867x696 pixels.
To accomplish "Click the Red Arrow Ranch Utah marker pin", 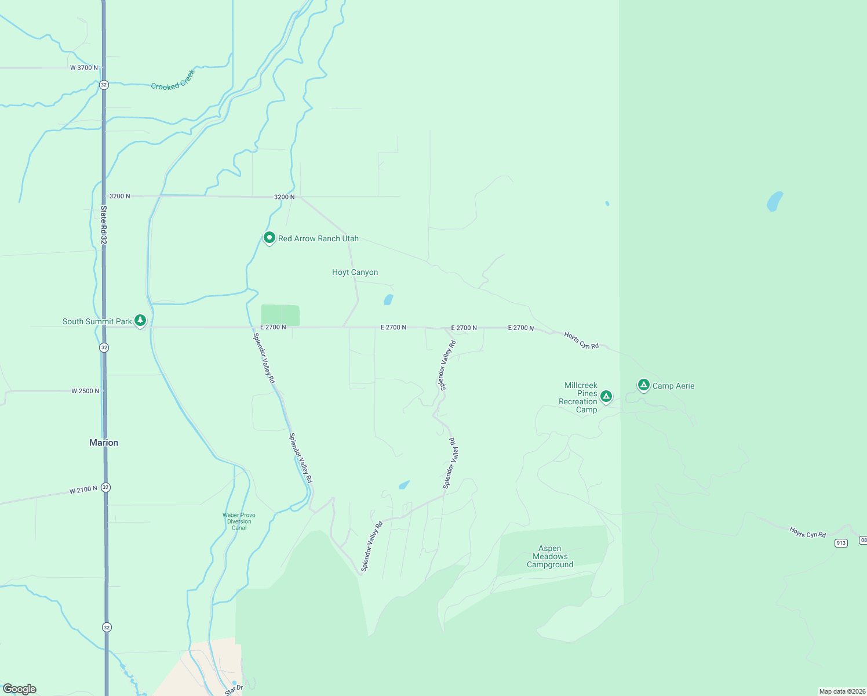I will [x=269, y=238].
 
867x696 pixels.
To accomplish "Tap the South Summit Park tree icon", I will [x=140, y=320].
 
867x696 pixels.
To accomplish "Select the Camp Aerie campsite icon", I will [x=643, y=385].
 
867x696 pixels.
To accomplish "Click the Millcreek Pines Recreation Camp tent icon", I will [x=606, y=397].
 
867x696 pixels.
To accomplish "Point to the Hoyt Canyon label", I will [x=355, y=272].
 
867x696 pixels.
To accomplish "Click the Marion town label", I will [x=104, y=443].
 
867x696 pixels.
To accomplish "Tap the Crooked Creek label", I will [x=173, y=81].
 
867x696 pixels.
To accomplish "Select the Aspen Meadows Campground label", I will [x=550, y=556].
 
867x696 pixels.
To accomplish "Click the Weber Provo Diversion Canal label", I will [x=239, y=521].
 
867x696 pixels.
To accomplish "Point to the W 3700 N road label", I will [x=84, y=68].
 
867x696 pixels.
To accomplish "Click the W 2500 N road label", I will [x=85, y=391].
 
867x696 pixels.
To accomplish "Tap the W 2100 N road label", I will [x=83, y=491].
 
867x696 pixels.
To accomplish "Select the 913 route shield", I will [x=841, y=543].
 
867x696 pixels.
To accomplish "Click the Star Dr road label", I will [x=234, y=690].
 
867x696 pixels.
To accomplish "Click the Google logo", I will [x=20, y=689].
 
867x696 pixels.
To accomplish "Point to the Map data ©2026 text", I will [x=842, y=691].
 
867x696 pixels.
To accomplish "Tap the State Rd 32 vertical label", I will [x=104, y=224].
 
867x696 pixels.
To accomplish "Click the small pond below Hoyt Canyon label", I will [x=388, y=300].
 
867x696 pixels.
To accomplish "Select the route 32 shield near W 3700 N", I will [x=104, y=85].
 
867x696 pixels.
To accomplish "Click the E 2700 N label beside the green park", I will [x=273, y=327].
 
